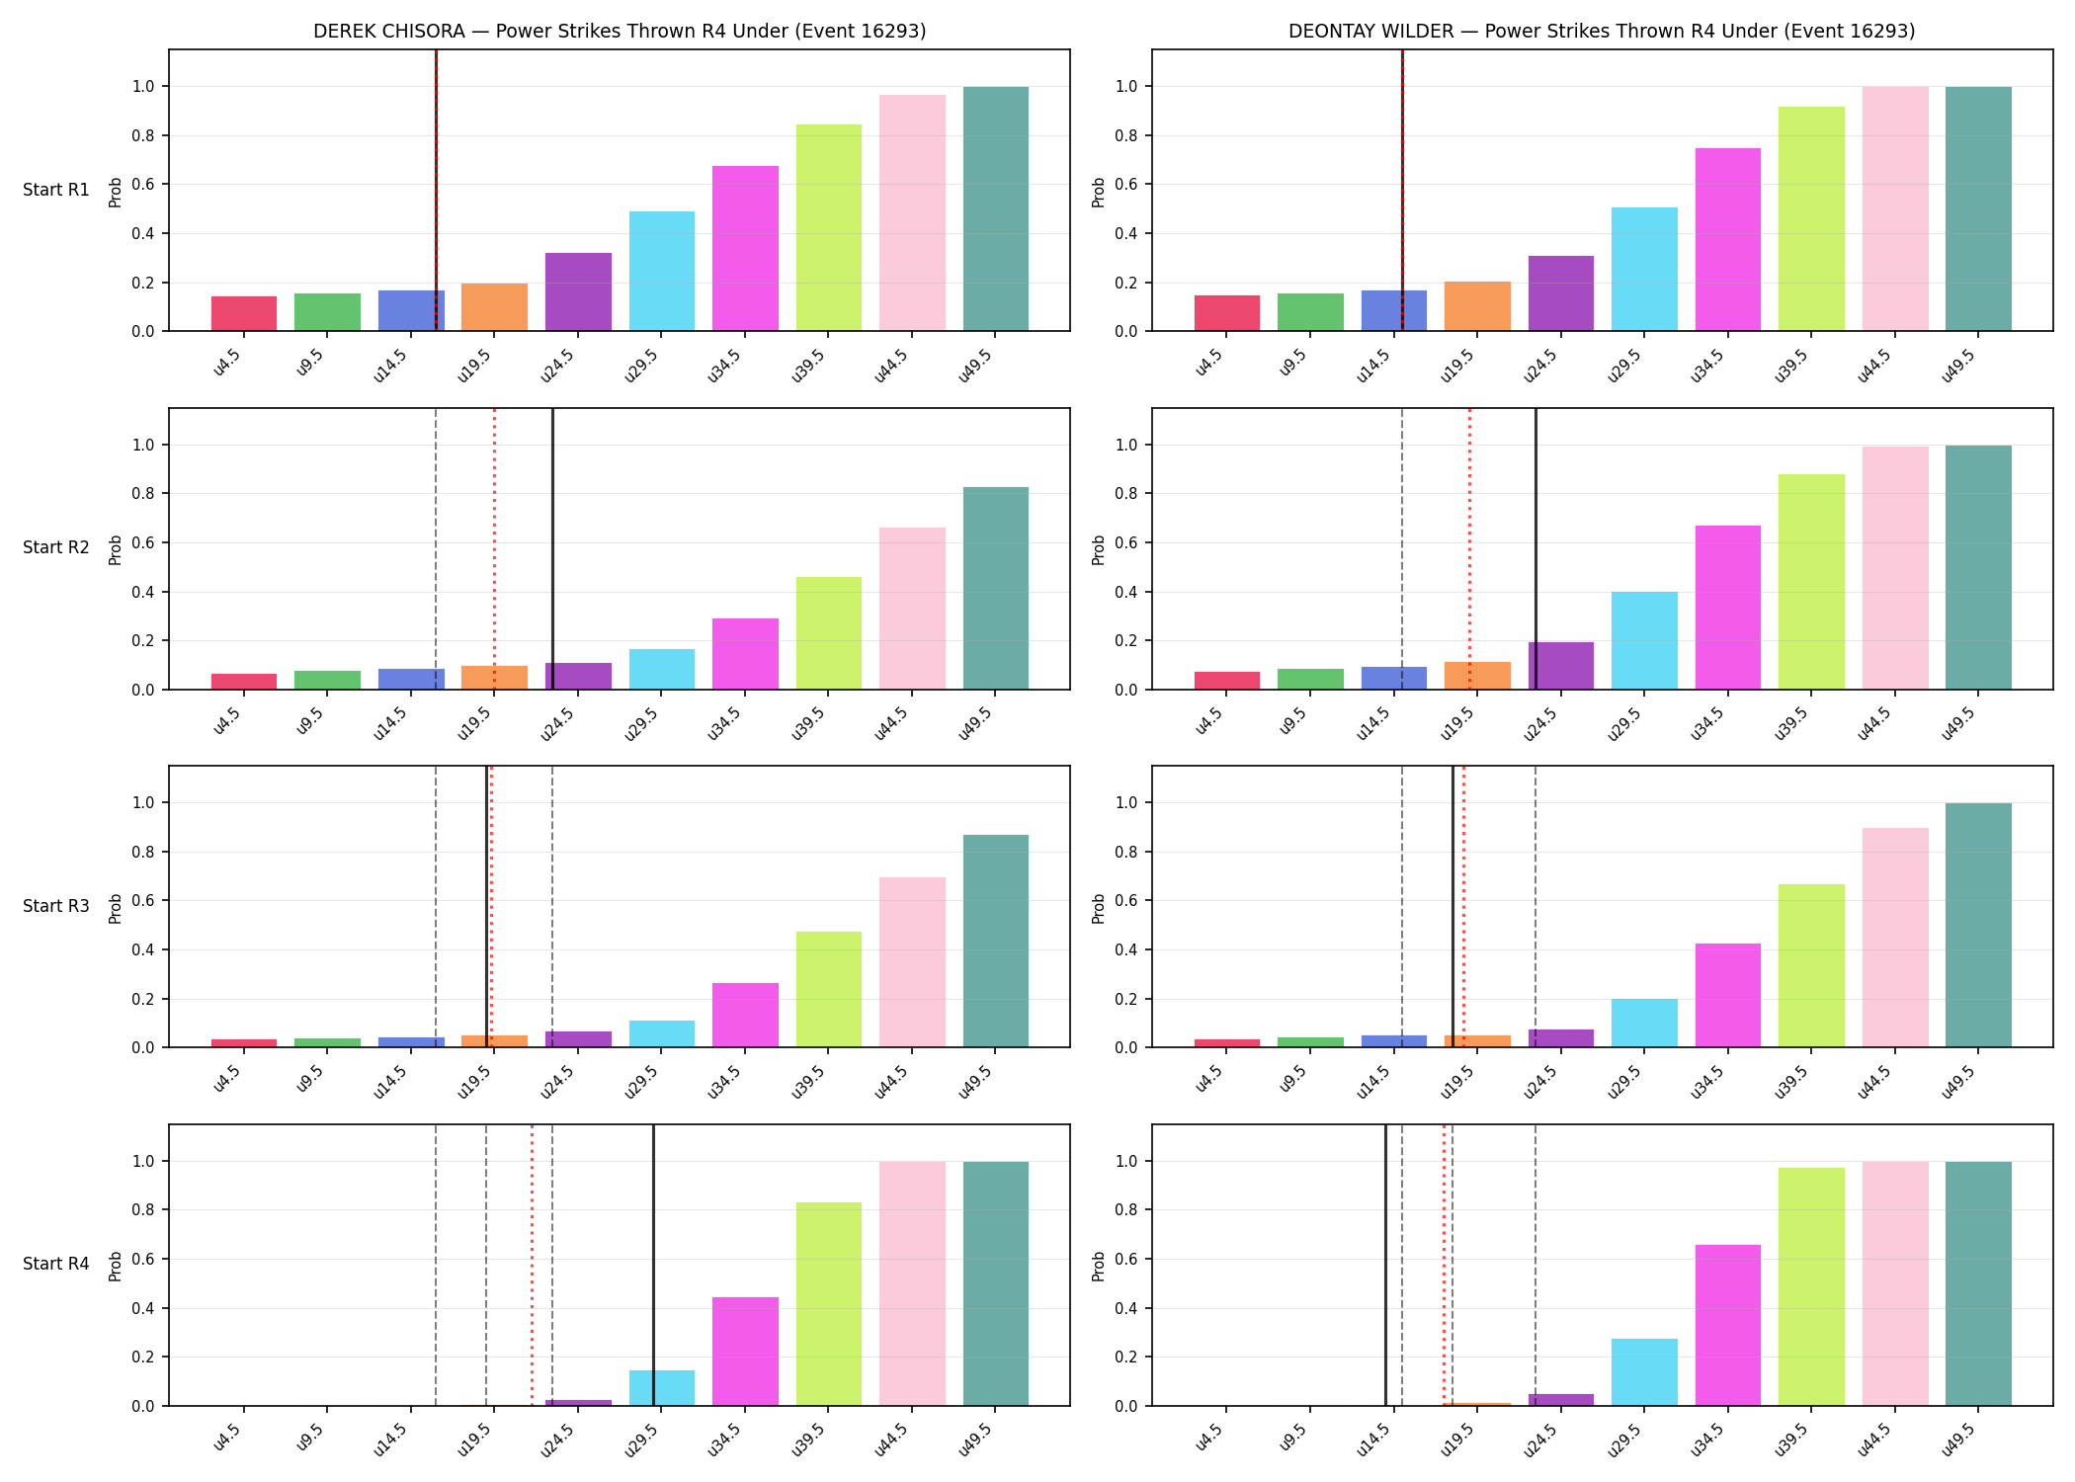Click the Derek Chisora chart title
[620, 31]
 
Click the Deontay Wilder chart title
[1602, 31]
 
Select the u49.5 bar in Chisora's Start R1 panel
[995, 208]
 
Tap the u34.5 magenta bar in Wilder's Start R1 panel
[1728, 239]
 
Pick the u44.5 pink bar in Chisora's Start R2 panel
[912, 609]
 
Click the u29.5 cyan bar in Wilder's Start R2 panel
[1644, 640]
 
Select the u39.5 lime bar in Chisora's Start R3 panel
[828, 989]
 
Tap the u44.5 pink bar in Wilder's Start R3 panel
[1895, 938]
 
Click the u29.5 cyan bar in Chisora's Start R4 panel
[662, 1388]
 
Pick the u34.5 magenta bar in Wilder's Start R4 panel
[1728, 1325]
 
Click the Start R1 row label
[56, 190]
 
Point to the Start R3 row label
[56, 906]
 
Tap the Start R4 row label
[56, 1264]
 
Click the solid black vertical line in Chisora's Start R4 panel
[653, 1265]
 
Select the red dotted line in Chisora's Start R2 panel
[494, 548]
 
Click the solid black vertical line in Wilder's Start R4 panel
[1385, 1265]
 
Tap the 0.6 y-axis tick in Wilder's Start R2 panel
[1127, 542]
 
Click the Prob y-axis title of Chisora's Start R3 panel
[116, 908]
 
